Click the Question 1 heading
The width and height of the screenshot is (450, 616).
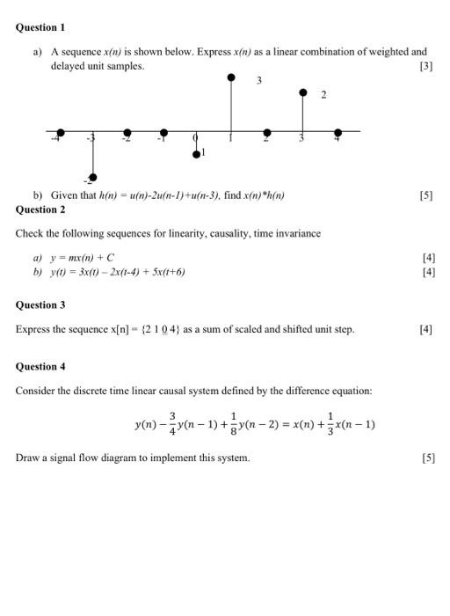tap(40, 28)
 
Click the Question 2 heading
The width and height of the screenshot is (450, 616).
tap(40, 209)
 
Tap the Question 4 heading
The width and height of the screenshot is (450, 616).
tap(40, 366)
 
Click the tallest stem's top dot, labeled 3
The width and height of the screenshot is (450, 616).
tap(231, 77)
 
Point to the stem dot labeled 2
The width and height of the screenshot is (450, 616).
tap(303, 92)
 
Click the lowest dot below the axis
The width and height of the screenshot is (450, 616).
tap(93, 175)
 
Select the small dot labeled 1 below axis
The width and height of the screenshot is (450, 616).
tap(196, 154)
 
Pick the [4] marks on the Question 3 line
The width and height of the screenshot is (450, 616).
tap(425, 329)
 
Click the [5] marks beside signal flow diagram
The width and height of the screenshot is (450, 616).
tap(427, 458)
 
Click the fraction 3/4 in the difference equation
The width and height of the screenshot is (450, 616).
tap(173, 423)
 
